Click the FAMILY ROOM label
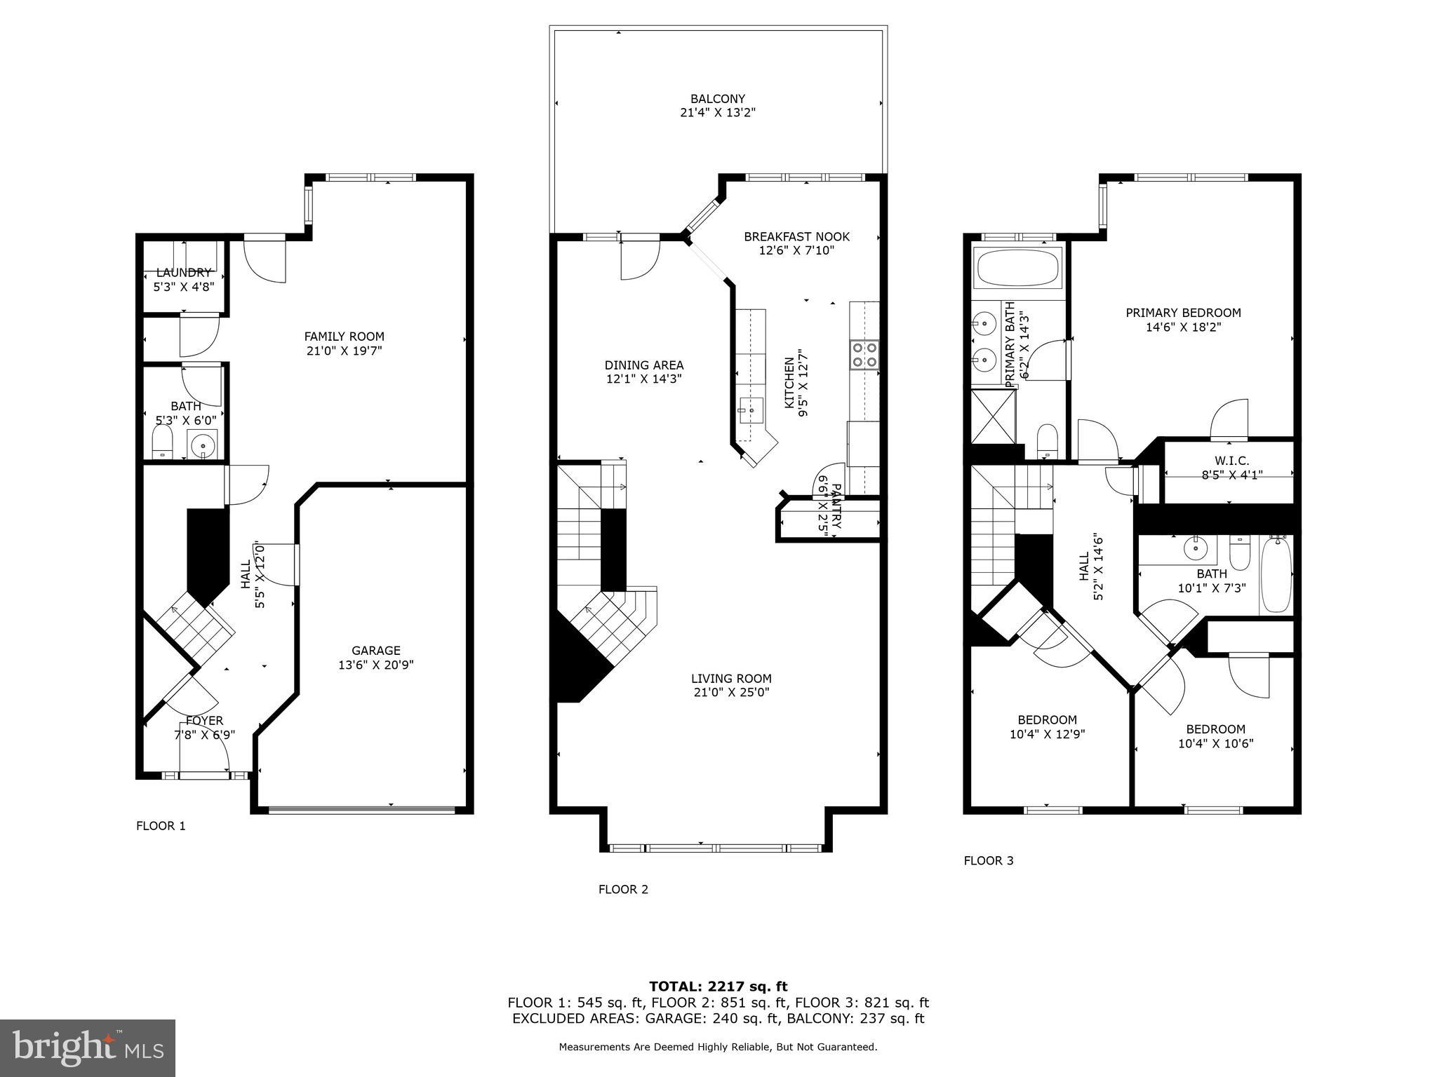(344, 337)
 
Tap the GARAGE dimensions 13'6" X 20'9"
(376, 665)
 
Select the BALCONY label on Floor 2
(717, 99)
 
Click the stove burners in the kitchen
(864, 354)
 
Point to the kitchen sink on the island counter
(751, 409)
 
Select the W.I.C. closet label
(1231, 461)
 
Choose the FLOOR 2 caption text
(623, 890)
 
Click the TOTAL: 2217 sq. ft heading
(718, 987)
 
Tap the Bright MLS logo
(87, 1048)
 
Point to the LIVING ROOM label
(731, 679)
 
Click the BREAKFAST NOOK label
(796, 237)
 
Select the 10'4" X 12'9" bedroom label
(1047, 734)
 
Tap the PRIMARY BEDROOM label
(1183, 313)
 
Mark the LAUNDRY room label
(183, 273)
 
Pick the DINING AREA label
(643, 365)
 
